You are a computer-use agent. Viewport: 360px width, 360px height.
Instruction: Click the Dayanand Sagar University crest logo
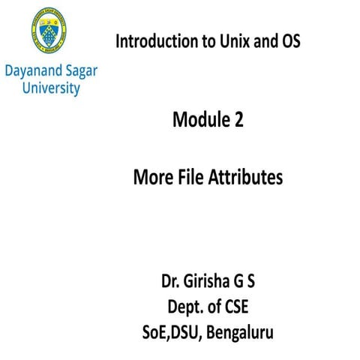coord(52,34)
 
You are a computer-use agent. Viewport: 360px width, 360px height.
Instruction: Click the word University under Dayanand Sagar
coord(53,89)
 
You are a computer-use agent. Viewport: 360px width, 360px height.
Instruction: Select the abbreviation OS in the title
coord(289,42)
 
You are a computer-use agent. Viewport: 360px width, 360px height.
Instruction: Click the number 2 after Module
coord(237,118)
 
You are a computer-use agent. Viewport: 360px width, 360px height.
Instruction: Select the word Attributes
coord(244,178)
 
